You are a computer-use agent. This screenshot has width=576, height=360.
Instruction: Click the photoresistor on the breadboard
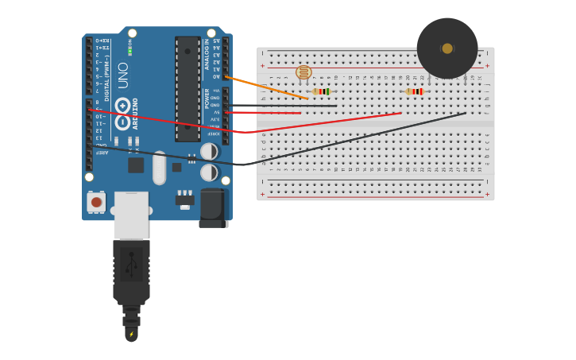(303, 72)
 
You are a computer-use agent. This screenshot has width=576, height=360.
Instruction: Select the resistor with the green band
(321, 91)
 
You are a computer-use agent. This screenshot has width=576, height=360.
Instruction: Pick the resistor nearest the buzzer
(414, 91)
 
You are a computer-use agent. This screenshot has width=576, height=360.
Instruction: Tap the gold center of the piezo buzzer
(447, 48)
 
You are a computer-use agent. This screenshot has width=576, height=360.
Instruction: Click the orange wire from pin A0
(266, 87)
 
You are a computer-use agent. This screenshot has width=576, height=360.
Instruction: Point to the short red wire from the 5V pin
(262, 113)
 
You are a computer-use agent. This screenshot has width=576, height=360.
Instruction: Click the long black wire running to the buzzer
(358, 139)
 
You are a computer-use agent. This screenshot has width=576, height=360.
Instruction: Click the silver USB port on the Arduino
(131, 215)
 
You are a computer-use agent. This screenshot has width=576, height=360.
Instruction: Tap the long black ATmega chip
(187, 87)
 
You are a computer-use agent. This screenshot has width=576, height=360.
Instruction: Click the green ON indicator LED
(130, 51)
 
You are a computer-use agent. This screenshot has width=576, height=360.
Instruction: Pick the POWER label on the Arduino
(207, 99)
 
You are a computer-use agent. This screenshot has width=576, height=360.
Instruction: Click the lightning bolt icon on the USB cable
(131, 335)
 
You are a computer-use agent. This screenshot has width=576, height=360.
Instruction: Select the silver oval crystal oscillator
(159, 168)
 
